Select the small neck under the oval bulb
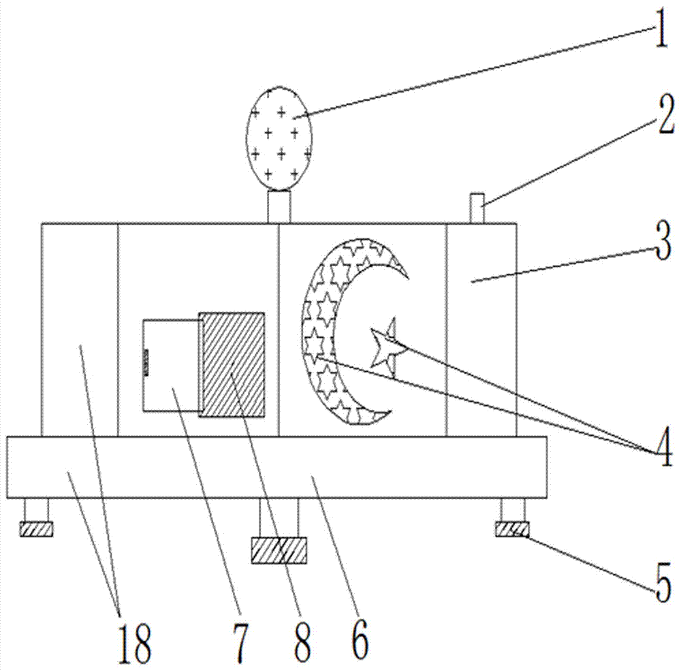click(279, 206)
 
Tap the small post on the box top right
click(477, 208)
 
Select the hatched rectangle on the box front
click(232, 364)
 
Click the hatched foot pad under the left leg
click(36, 528)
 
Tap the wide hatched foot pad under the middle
click(279, 549)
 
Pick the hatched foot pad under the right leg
click(511, 528)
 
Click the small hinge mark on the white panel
click(144, 362)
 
